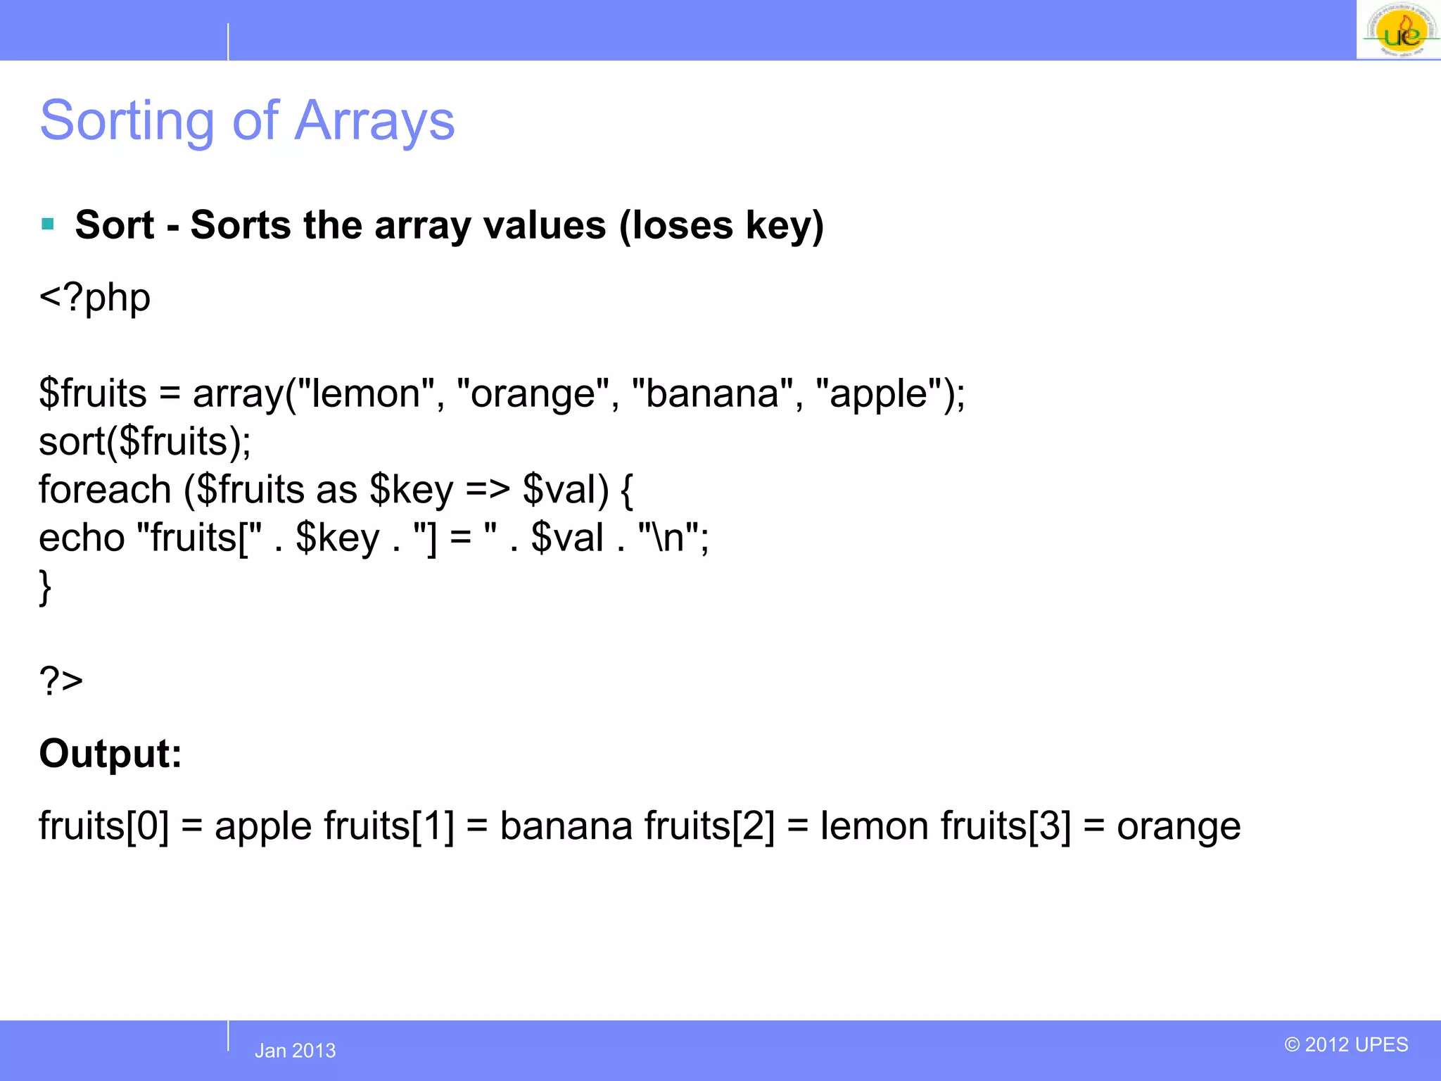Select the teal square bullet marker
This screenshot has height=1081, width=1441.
pos(48,225)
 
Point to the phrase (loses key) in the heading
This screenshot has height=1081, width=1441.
pos(721,226)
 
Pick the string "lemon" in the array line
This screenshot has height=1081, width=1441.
pos(367,393)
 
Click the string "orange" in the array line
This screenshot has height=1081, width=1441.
pos(533,393)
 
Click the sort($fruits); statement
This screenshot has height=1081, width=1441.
pos(144,442)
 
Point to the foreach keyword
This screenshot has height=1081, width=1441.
pos(105,490)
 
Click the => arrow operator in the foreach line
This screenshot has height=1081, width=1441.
pos(487,490)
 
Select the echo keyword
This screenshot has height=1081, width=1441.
pos(82,538)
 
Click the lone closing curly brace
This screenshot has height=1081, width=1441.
pos(45,587)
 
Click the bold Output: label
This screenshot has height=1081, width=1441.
pos(110,754)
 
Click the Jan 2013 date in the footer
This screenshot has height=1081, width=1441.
pos(295,1051)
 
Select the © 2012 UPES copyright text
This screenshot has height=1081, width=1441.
pos(1346,1044)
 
